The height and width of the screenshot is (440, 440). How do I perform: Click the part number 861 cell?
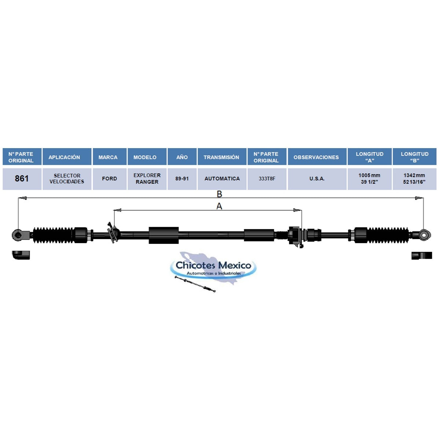pos(22,179)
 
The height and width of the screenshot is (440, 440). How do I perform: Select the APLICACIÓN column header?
pos(64,157)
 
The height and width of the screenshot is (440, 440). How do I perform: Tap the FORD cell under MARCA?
pos(109,179)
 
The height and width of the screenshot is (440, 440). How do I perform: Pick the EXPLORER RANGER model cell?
pos(147,179)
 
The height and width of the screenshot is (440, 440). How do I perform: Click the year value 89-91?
pos(182,179)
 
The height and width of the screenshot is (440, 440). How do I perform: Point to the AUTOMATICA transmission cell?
pos(222,179)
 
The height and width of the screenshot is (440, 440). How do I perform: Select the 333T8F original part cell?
pos(267,179)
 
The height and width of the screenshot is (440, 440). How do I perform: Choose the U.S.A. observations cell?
pos(317,179)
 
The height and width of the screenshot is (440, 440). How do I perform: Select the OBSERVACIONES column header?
pos(316,157)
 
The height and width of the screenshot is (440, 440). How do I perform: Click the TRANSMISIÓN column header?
pos(221,157)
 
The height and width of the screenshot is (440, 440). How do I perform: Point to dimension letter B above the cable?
pos(219,194)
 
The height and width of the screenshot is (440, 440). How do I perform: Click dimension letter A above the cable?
pos(219,206)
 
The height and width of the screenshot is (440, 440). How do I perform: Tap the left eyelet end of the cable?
pos(17,235)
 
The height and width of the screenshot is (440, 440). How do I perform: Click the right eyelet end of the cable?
pos(424,235)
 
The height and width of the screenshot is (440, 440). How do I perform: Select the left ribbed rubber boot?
pos(53,235)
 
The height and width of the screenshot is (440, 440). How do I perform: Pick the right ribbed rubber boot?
pos(387,235)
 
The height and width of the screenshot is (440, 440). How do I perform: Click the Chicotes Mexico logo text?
pos(213,265)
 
